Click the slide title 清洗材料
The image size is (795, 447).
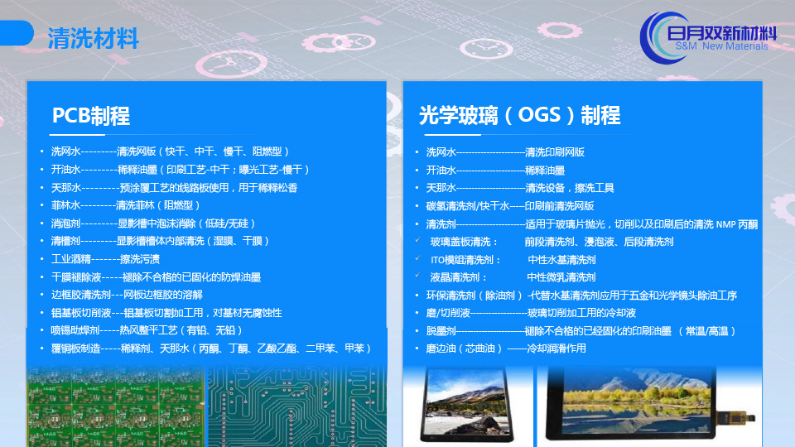[94, 39]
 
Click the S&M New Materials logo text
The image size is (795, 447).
[721, 46]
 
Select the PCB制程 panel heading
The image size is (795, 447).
[91, 116]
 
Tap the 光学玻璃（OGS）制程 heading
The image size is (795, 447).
[520, 116]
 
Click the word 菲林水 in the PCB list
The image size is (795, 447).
[66, 205]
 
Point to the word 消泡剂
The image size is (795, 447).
[66, 223]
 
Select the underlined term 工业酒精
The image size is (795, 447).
[71, 259]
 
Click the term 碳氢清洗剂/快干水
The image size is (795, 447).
[467, 206]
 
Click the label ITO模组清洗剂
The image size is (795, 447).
[465, 260]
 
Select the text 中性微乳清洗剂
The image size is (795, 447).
[561, 277]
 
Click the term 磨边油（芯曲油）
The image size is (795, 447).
[464, 348]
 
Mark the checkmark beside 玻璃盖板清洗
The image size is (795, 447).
[417, 240]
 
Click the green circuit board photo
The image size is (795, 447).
[116, 406]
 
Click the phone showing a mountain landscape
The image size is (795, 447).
[466, 405]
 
